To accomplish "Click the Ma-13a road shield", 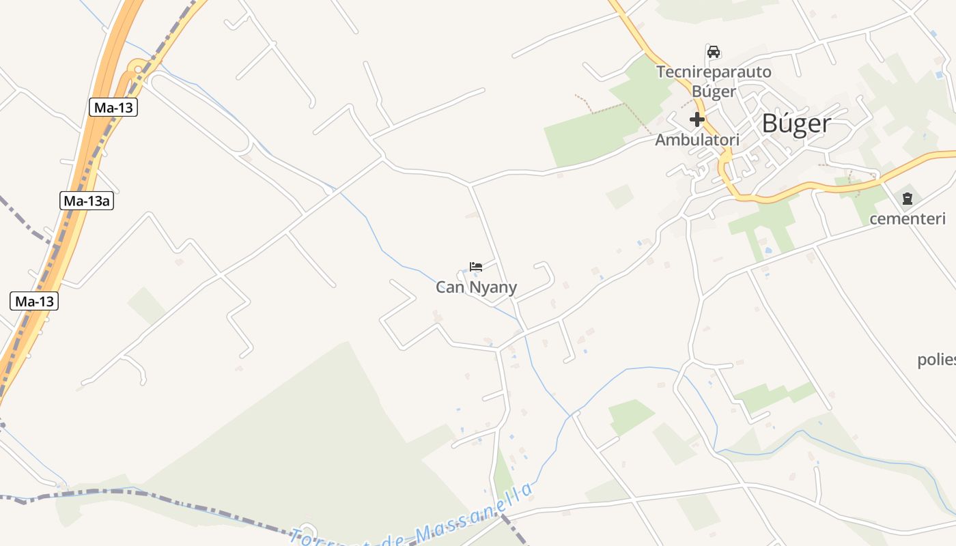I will [x=86, y=201].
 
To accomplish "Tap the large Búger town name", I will [x=796, y=124].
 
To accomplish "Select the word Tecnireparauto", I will [x=714, y=72].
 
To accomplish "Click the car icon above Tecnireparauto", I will [x=714, y=52].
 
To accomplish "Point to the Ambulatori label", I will [x=697, y=140].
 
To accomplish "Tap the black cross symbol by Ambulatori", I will [x=697, y=120].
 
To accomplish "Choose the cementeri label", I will [x=907, y=219].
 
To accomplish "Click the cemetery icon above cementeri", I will [x=907, y=199].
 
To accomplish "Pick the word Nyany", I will [x=493, y=288].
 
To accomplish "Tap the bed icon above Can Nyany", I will [x=476, y=267].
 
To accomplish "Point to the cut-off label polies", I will [x=936, y=360].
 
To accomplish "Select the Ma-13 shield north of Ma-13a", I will [x=113, y=107].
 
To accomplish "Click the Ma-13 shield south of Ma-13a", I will [x=34, y=301].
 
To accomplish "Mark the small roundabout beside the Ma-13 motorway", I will [x=137, y=67].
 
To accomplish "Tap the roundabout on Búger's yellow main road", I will [x=725, y=158].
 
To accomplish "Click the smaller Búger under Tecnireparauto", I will [x=714, y=91].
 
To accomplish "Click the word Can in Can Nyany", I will [x=450, y=288].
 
